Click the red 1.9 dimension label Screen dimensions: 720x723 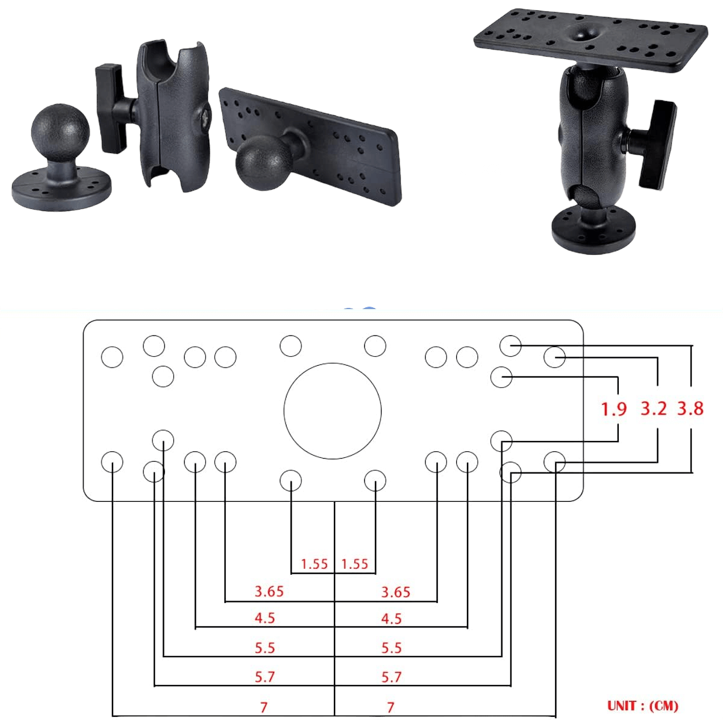click(614, 409)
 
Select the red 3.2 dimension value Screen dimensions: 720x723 click(654, 409)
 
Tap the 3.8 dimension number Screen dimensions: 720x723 click(690, 409)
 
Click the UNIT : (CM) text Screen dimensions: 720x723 click(642, 706)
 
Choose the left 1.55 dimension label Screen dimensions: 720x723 click(315, 564)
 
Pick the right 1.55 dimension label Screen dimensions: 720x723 click(354, 564)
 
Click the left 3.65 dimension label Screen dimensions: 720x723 click(269, 592)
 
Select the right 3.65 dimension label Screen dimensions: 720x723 click(396, 592)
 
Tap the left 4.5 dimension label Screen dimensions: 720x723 click(265, 619)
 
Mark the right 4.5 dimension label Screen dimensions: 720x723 click(392, 619)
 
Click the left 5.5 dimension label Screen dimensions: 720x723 click(265, 648)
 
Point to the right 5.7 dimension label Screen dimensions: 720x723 click(392, 677)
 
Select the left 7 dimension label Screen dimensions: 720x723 click(263, 707)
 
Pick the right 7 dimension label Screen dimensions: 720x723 click(390, 707)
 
